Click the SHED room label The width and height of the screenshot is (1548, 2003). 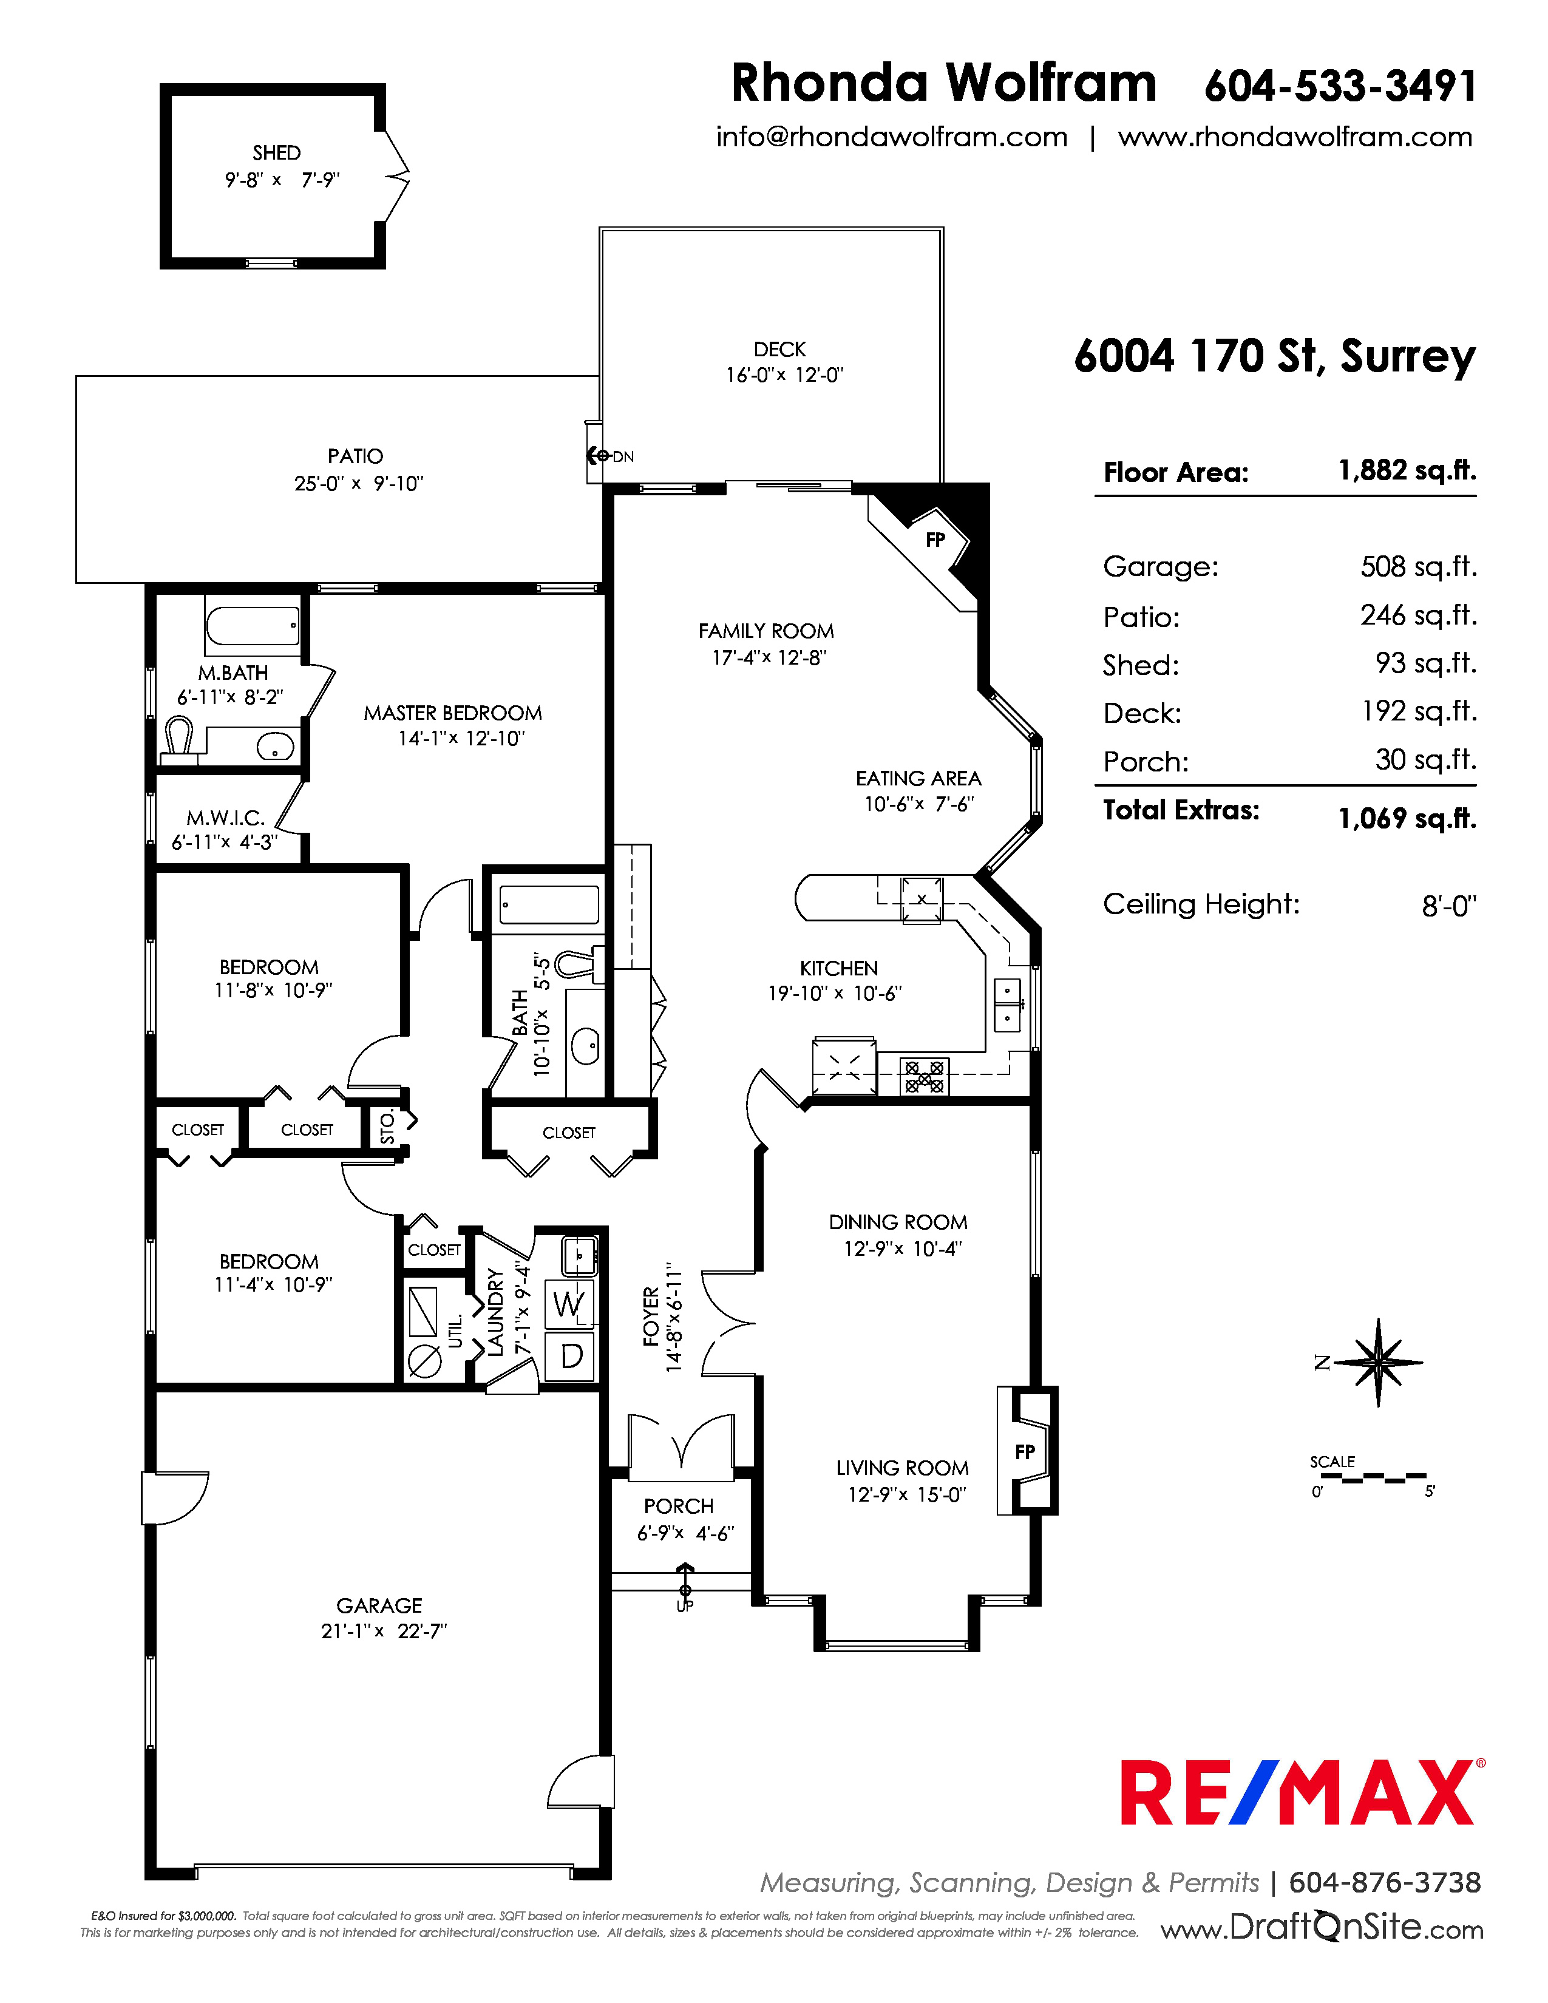[276, 152]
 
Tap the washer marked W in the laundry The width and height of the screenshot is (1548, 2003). [569, 1303]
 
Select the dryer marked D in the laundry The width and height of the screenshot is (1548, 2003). [571, 1355]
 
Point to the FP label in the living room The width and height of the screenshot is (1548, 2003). [1025, 1452]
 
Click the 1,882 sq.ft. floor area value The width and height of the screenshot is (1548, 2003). [1407, 470]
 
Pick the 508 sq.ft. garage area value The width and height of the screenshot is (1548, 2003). [1417, 567]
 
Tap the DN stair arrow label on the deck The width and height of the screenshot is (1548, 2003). [623, 456]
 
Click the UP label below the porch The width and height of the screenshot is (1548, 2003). [685, 1606]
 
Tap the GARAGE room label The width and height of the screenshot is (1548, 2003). [379, 1605]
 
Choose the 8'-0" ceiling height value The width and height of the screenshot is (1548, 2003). [1449, 907]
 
